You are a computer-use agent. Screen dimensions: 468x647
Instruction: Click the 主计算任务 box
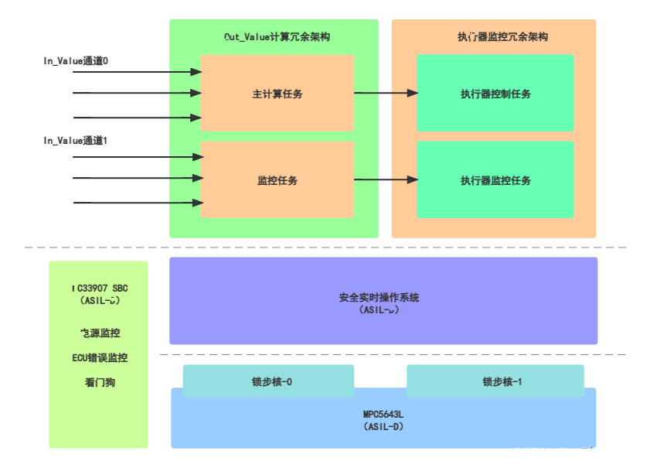click(x=277, y=94)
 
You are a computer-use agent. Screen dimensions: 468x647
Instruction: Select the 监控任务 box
click(x=277, y=180)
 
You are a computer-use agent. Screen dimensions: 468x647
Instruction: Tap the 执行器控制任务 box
click(x=495, y=94)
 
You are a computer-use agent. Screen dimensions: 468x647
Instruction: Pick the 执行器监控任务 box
click(x=495, y=180)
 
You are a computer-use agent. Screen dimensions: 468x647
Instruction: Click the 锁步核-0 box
click(x=268, y=381)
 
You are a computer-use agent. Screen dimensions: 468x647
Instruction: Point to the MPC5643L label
click(x=383, y=414)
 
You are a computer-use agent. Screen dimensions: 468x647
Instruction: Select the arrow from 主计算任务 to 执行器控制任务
click(x=386, y=94)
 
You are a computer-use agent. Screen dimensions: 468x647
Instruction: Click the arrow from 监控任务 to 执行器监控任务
click(x=386, y=180)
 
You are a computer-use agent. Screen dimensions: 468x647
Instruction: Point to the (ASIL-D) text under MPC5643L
click(x=383, y=426)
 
